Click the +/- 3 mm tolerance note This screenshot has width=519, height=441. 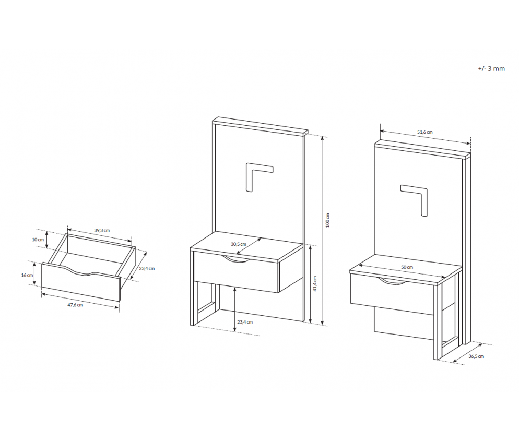point(491,69)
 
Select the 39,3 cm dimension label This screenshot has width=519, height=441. point(102,230)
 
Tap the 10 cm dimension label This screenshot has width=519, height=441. point(38,240)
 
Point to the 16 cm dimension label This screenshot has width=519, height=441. point(27,275)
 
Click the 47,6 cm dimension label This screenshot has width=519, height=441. point(76,305)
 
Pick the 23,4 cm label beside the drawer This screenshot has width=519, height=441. point(147,269)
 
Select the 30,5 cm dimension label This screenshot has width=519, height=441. point(238,244)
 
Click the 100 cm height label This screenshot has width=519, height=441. point(327,220)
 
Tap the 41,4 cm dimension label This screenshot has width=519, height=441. point(315,283)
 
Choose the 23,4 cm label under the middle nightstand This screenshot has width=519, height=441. point(244,322)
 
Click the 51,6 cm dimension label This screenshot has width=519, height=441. point(424,132)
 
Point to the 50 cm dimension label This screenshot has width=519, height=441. point(407,267)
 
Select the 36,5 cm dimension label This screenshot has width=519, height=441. point(476,356)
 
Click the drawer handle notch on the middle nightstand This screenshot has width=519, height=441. point(236,260)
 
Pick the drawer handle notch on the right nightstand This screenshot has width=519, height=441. point(393,281)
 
